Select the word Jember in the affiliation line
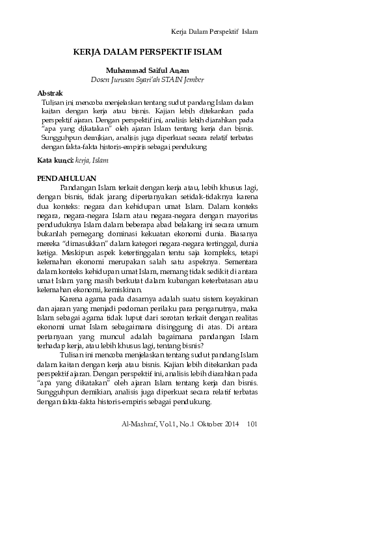pyautogui.click(x=193, y=79)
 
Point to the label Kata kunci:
pyautogui.click(x=55, y=159)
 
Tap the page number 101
pyautogui.click(x=253, y=424)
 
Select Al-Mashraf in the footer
pyautogui.click(x=137, y=424)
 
